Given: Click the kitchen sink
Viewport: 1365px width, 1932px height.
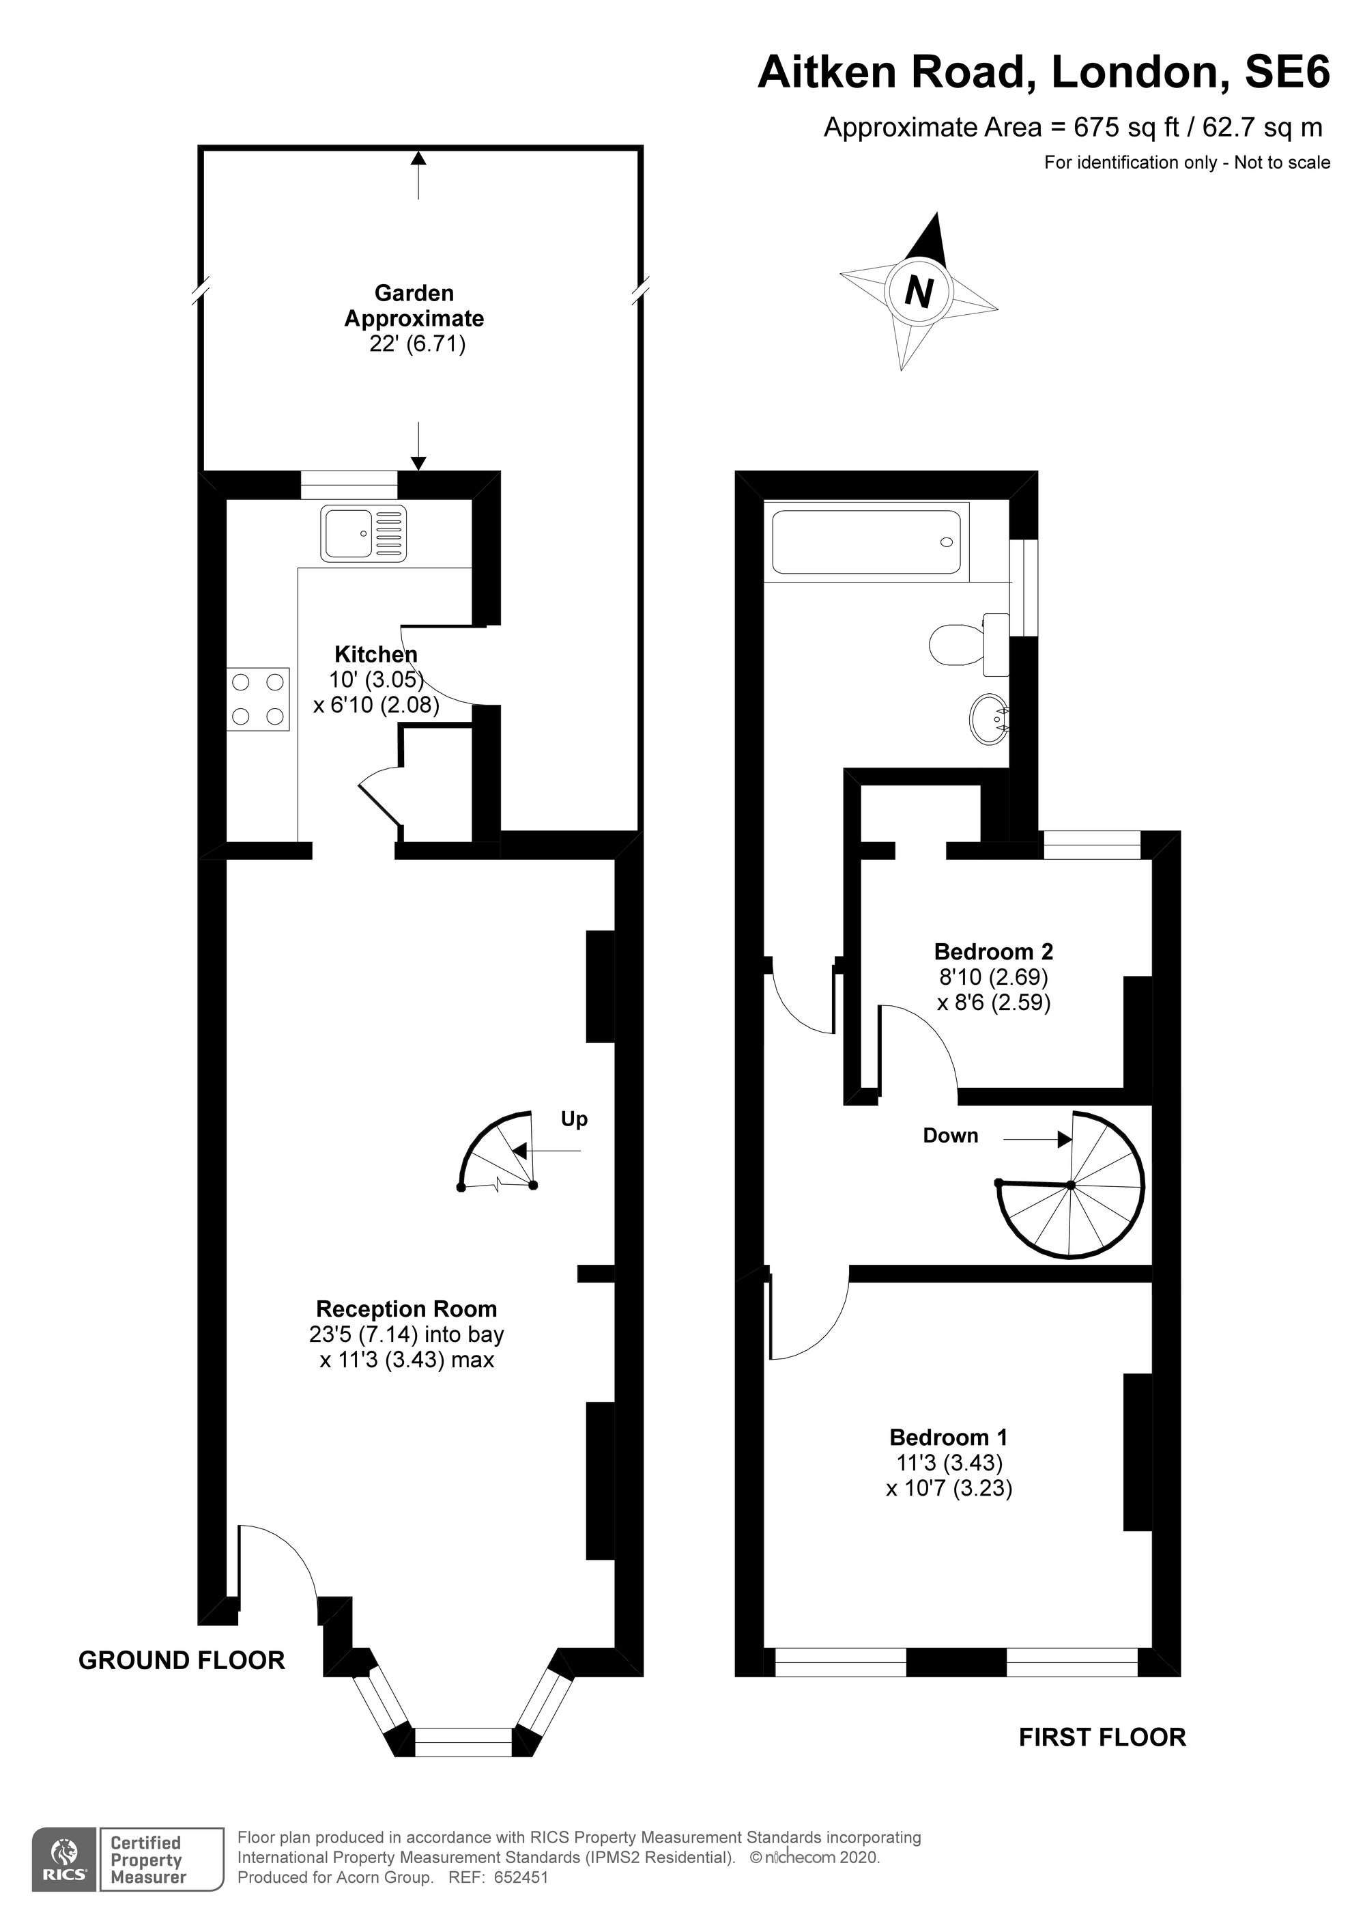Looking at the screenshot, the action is (363, 533).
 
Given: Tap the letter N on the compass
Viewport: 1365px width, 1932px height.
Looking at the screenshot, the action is (919, 291).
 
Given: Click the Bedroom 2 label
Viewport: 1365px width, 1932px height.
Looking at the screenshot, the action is (993, 952).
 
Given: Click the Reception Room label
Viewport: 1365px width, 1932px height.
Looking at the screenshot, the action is (406, 1308).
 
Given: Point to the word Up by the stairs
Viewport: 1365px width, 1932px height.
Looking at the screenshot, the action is (575, 1119).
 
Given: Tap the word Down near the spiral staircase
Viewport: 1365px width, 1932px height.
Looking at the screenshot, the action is (950, 1135).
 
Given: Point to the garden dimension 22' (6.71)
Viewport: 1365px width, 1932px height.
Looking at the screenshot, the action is (417, 344).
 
